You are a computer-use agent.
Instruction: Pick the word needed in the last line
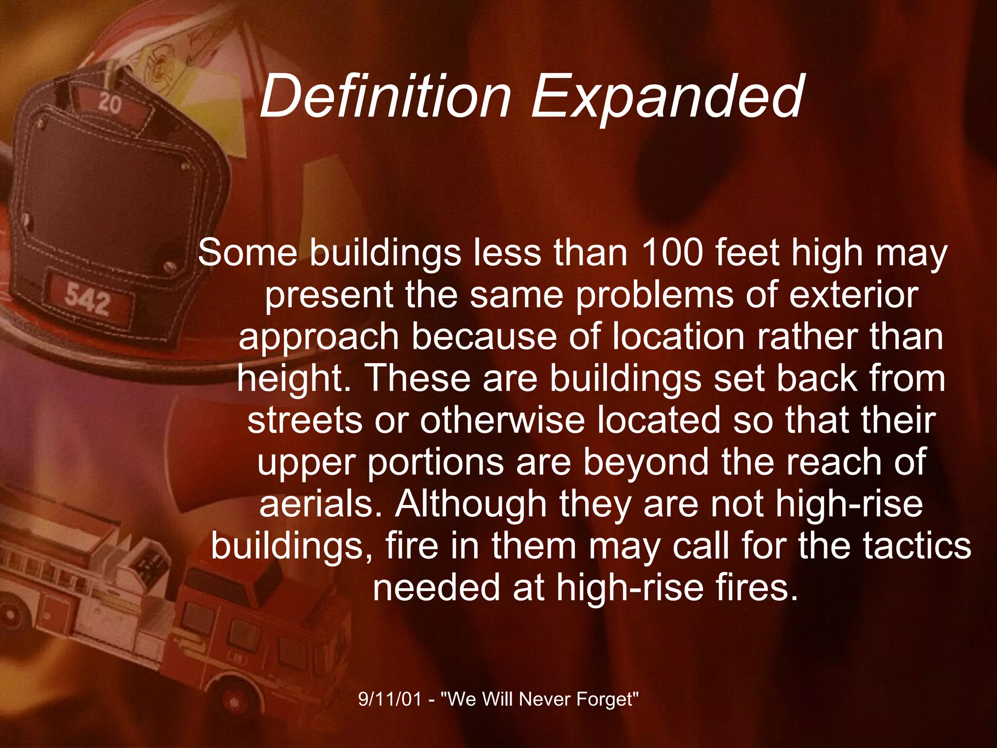coord(436,587)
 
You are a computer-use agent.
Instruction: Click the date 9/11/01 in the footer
coord(389,699)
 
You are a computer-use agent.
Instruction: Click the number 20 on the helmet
coord(109,104)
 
